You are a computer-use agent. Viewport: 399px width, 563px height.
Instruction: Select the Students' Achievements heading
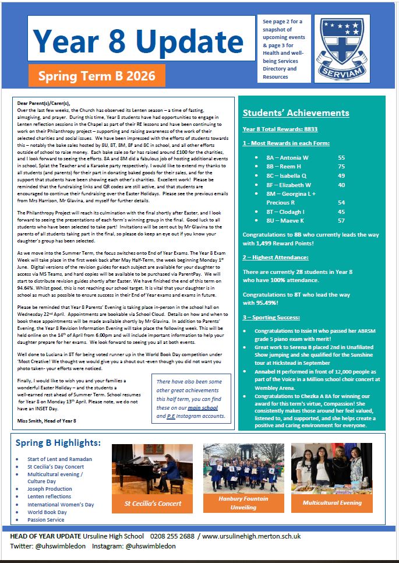[296, 113]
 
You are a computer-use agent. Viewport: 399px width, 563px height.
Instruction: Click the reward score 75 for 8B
[341, 166]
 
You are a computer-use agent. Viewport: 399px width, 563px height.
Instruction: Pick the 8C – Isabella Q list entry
[287, 175]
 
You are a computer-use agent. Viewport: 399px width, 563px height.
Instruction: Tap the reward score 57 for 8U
[341, 220]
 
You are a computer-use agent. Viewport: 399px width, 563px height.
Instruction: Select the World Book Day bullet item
[47, 512]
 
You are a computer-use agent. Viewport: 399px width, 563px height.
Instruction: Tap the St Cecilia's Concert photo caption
[153, 503]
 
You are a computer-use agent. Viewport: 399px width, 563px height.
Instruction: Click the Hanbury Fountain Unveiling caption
[243, 503]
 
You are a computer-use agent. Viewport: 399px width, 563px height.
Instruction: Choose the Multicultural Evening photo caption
[332, 502]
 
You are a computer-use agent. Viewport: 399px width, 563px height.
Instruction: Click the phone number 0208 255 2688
[177, 536]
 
